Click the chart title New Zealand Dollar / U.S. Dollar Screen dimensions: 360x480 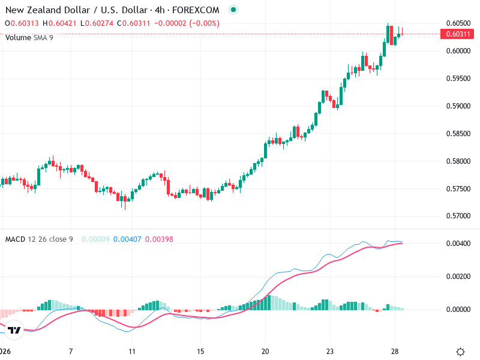pyautogui.click(x=76, y=10)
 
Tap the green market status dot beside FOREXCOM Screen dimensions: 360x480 pyautogui.click(x=233, y=10)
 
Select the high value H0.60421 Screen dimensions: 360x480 pyautogui.click(x=60, y=23)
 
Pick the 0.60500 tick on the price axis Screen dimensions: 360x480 pyautogui.click(x=458, y=23)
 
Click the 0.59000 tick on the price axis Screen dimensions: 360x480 pyautogui.click(x=458, y=106)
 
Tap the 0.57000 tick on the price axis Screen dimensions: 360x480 pyautogui.click(x=458, y=216)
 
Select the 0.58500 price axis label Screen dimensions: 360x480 pyautogui.click(x=458, y=134)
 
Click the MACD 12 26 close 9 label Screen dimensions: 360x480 pyautogui.click(x=39, y=239)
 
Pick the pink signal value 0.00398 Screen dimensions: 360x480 pyautogui.click(x=159, y=239)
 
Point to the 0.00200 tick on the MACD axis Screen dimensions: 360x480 pyautogui.click(x=458, y=277)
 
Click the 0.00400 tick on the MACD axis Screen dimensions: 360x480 pyautogui.click(x=458, y=244)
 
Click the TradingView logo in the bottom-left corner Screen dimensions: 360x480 pyautogui.click(x=14, y=330)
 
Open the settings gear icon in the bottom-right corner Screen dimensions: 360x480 pyautogui.click(x=460, y=352)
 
